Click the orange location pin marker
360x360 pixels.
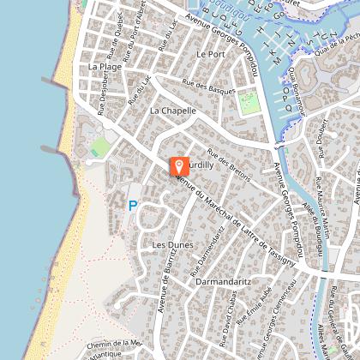(x=179, y=165)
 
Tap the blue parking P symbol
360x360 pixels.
(x=132, y=206)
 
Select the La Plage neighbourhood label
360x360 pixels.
(x=105, y=66)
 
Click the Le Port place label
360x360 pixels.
(x=208, y=53)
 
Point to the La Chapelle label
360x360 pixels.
(x=172, y=111)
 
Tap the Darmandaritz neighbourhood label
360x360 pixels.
(x=221, y=280)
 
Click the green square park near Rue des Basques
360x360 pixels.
(x=248, y=103)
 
